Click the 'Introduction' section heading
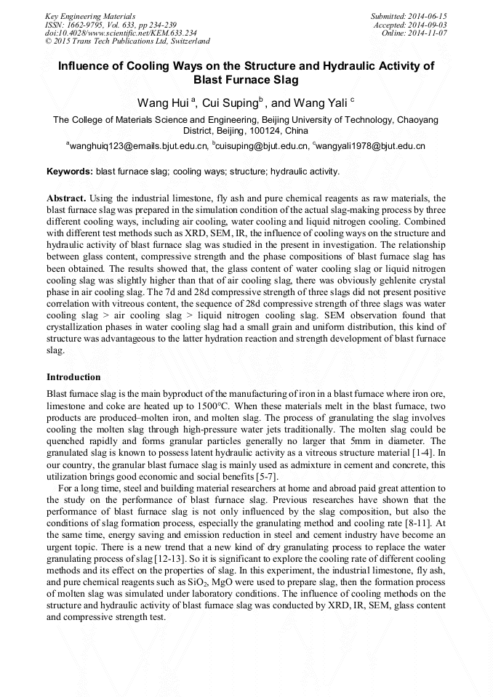(x=73, y=377)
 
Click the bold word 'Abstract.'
(x=66, y=198)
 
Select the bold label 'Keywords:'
(x=69, y=172)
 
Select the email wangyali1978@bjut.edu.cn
(x=372, y=146)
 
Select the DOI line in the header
(x=121, y=33)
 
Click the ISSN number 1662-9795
(x=84, y=25)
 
